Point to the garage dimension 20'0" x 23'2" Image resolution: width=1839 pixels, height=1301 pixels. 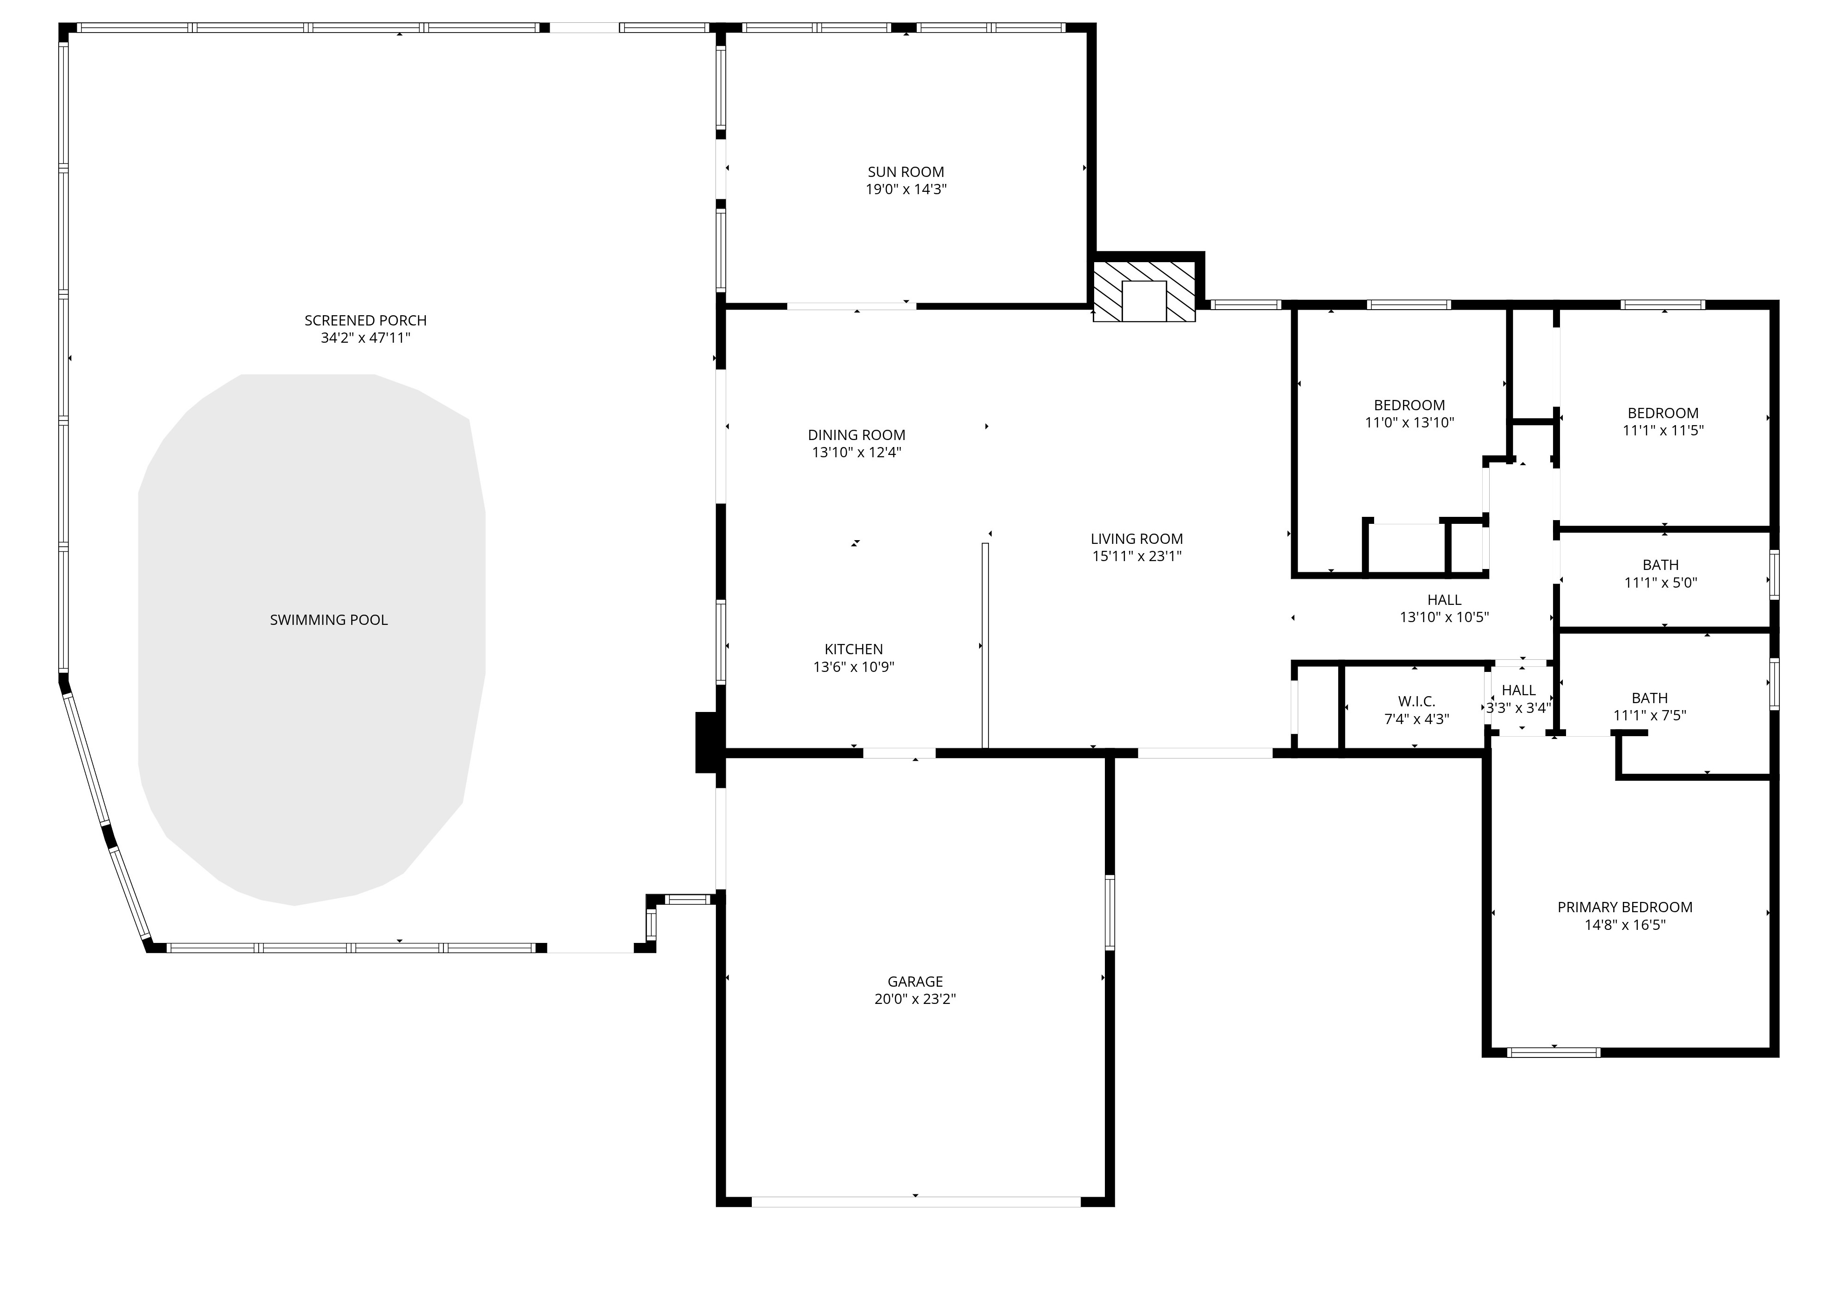[915, 999]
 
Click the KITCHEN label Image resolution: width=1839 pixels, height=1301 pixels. [853, 650]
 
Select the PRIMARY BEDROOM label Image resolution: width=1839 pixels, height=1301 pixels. [1625, 908]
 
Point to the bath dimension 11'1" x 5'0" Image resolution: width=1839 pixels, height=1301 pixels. [1660, 583]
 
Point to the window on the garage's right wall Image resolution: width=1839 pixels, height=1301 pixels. [1110, 913]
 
